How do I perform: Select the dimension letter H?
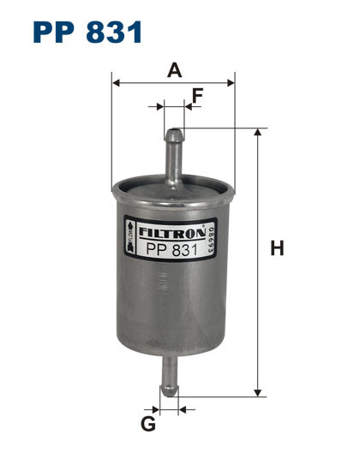coord(277,249)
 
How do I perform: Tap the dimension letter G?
coord(148,425)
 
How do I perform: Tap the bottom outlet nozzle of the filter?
coord(170,377)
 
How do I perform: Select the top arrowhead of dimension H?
coord(256,133)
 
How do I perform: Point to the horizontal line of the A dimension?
coord(174,83)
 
